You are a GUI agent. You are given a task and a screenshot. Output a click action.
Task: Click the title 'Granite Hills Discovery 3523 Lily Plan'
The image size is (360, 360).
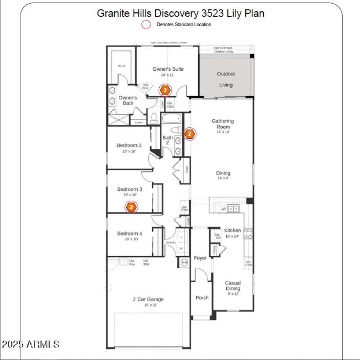180,13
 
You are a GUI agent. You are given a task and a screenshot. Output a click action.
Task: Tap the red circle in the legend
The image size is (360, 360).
146,25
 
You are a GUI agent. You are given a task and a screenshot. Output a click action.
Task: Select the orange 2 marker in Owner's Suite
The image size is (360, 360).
165,90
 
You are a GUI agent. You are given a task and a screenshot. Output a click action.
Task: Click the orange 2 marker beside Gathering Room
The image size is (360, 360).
189,134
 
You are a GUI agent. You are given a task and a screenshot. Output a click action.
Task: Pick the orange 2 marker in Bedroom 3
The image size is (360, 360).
131,207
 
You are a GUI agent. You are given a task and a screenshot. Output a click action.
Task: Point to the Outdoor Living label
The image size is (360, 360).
226,79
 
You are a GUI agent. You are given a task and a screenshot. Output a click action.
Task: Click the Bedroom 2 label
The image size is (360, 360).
129,145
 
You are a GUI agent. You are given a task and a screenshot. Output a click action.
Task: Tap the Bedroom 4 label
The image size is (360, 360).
130,234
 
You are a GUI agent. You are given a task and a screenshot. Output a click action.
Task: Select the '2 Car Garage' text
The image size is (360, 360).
148,299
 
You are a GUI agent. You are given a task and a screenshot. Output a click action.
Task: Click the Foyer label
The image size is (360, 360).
200,258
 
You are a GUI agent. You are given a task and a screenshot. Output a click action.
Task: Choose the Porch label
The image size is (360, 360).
202,297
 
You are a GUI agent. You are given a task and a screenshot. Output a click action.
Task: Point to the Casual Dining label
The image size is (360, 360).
233,286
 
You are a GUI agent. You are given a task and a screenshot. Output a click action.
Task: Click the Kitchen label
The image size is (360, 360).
233,230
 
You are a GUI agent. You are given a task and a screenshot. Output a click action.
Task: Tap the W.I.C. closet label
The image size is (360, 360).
121,66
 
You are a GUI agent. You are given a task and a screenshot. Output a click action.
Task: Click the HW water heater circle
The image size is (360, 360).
184,262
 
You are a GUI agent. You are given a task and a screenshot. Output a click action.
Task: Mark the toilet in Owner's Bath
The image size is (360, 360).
154,118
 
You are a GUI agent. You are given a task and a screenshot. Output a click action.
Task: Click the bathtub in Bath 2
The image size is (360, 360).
171,119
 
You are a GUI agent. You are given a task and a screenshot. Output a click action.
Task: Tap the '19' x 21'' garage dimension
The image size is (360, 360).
148,305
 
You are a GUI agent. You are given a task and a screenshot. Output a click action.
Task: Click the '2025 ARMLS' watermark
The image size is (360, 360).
31,345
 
